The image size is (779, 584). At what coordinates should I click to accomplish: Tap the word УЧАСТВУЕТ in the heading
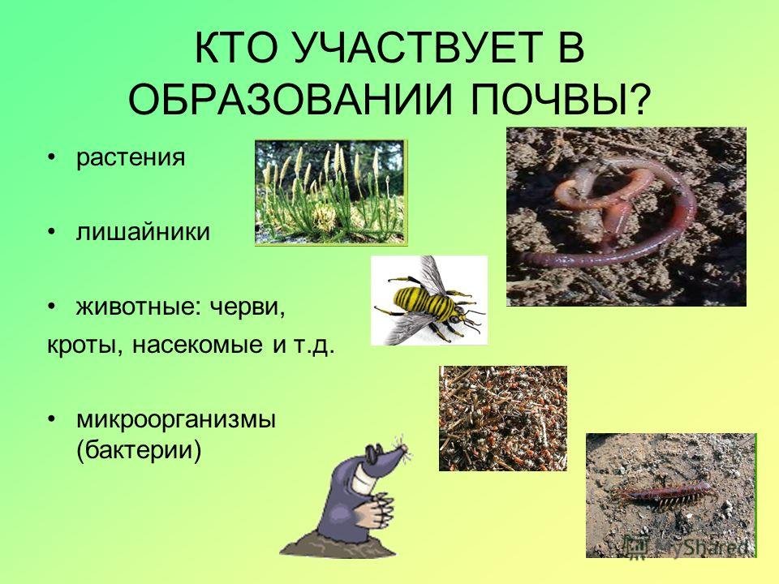(406, 47)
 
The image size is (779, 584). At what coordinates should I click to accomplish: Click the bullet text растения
(131, 158)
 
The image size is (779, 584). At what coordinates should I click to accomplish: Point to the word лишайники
(143, 232)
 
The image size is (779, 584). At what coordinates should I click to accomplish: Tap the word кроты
(84, 346)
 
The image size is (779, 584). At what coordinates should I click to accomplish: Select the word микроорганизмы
(176, 421)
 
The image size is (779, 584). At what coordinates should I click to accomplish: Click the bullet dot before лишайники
(52, 233)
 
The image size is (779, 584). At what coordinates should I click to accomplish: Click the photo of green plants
(331, 192)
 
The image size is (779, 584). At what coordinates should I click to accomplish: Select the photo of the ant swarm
(503, 419)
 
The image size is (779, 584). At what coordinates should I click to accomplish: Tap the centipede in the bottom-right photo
(665, 494)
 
